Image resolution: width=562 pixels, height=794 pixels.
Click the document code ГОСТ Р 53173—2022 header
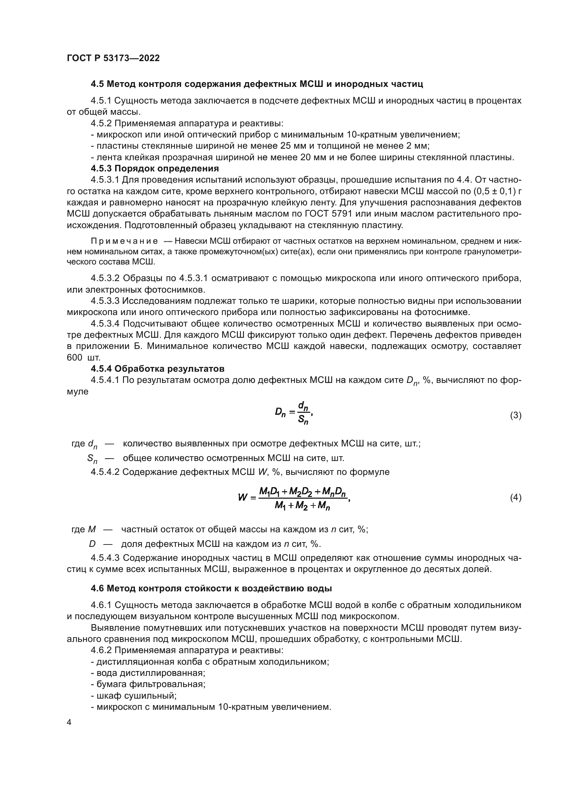[x=113, y=58]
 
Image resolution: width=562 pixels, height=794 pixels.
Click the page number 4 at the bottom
[x=69, y=723]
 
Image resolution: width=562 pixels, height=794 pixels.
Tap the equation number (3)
[x=516, y=415]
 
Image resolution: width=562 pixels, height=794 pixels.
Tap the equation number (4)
[x=516, y=498]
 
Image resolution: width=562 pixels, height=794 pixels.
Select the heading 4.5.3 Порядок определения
[x=155, y=168]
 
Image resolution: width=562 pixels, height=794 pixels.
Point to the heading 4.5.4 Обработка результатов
[x=157, y=369]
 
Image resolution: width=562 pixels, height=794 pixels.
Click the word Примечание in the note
[x=124, y=241]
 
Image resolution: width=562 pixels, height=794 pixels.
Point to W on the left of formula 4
[x=242, y=498]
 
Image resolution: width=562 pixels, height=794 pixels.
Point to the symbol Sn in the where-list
[x=92, y=459]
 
